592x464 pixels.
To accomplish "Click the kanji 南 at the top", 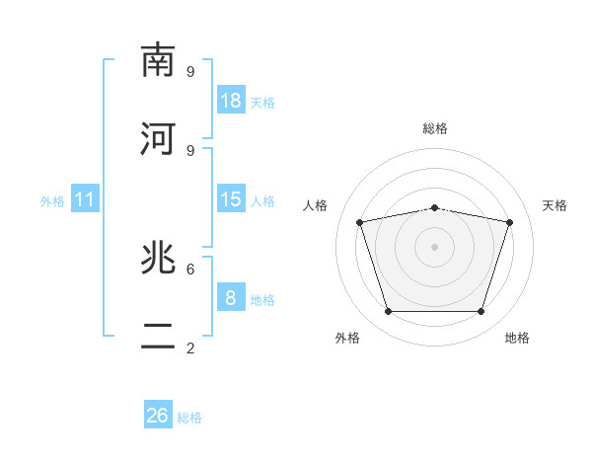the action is (158, 60).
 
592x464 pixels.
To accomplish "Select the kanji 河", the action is (158, 138).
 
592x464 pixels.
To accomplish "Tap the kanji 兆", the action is (158, 258).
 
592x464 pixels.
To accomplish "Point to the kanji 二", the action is (158, 336).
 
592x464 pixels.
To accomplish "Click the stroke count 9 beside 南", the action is (190, 72).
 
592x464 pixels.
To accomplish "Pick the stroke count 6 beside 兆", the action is (190, 270).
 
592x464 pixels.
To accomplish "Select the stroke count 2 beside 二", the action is (190, 348).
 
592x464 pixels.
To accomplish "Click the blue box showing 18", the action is (231, 100).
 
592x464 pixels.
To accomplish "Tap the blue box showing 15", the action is (231, 198).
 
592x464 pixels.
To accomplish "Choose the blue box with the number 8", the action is (231, 296).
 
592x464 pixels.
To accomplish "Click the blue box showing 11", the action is (85, 198).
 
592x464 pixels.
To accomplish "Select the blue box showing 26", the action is (158, 414).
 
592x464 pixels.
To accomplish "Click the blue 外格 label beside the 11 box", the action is (52, 201).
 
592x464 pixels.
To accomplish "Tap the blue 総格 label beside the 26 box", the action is (189, 418).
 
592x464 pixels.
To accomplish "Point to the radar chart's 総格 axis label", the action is (435, 128).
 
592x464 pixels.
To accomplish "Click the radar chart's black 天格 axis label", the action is (555, 205).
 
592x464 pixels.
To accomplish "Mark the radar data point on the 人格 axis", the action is (360, 222).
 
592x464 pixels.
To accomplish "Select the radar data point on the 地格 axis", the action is (481, 311).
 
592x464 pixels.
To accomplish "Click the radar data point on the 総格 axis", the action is (434, 208).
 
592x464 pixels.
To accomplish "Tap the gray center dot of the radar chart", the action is (434, 247).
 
